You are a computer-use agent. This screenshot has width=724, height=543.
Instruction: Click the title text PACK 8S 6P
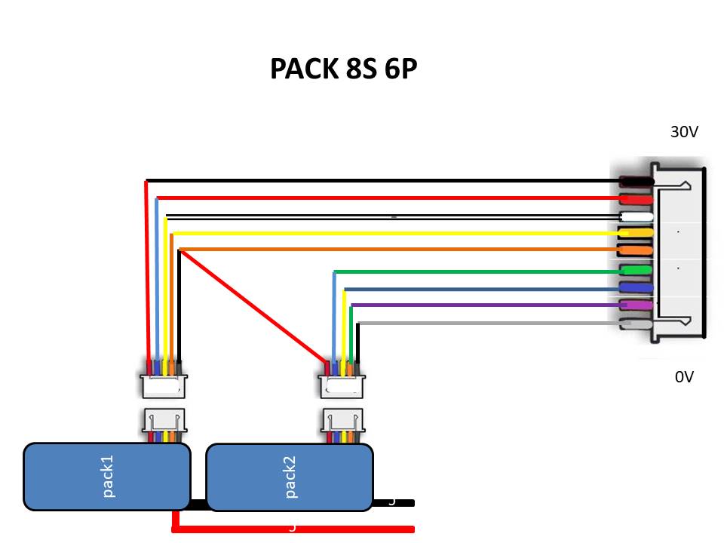(x=343, y=69)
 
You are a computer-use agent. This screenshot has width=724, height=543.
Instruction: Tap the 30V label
(x=684, y=132)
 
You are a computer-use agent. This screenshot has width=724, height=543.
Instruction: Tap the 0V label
(x=684, y=377)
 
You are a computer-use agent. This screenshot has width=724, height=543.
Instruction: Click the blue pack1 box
(x=106, y=477)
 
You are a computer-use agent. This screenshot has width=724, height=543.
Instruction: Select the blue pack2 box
(x=290, y=477)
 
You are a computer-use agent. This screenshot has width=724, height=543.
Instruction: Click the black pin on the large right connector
(x=637, y=181)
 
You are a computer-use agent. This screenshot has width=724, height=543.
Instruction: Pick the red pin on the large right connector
(x=637, y=198)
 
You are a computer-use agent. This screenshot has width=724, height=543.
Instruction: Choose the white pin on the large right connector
(x=637, y=216)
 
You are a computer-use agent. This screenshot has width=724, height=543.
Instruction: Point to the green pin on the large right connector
(x=637, y=270)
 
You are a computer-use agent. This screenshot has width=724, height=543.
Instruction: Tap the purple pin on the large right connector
(x=637, y=305)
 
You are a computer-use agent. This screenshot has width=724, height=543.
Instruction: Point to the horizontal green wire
(x=475, y=271)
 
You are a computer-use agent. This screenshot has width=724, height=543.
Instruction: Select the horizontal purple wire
(x=483, y=305)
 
